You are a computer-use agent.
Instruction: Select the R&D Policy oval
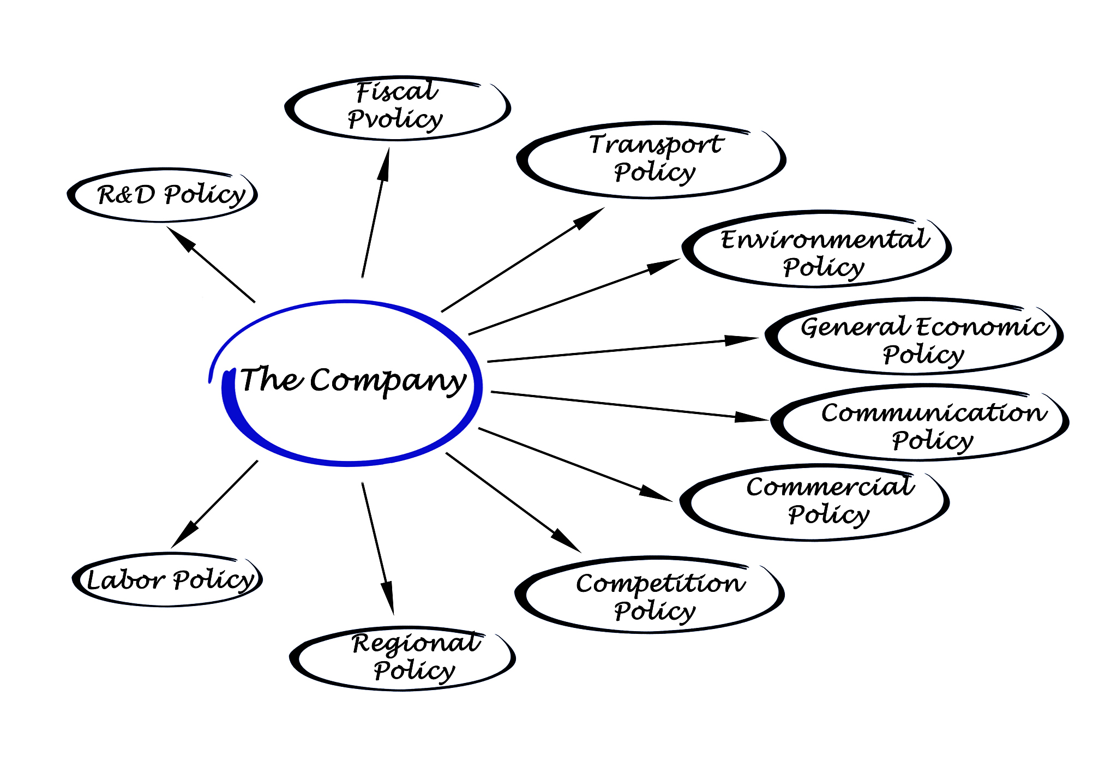164,195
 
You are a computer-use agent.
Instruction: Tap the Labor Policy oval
168,579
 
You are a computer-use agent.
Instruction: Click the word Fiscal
397,92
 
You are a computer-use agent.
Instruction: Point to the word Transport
656,145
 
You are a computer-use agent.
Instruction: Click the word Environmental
825,239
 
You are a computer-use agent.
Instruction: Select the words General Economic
924,327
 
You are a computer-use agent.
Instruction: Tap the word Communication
934,412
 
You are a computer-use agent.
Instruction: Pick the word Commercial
830,487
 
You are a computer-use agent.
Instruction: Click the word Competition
660,584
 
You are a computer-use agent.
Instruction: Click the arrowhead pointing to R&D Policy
180,238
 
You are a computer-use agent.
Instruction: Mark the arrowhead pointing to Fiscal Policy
385,164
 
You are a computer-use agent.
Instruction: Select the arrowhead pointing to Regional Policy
387,597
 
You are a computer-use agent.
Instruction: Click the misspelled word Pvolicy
395,119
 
